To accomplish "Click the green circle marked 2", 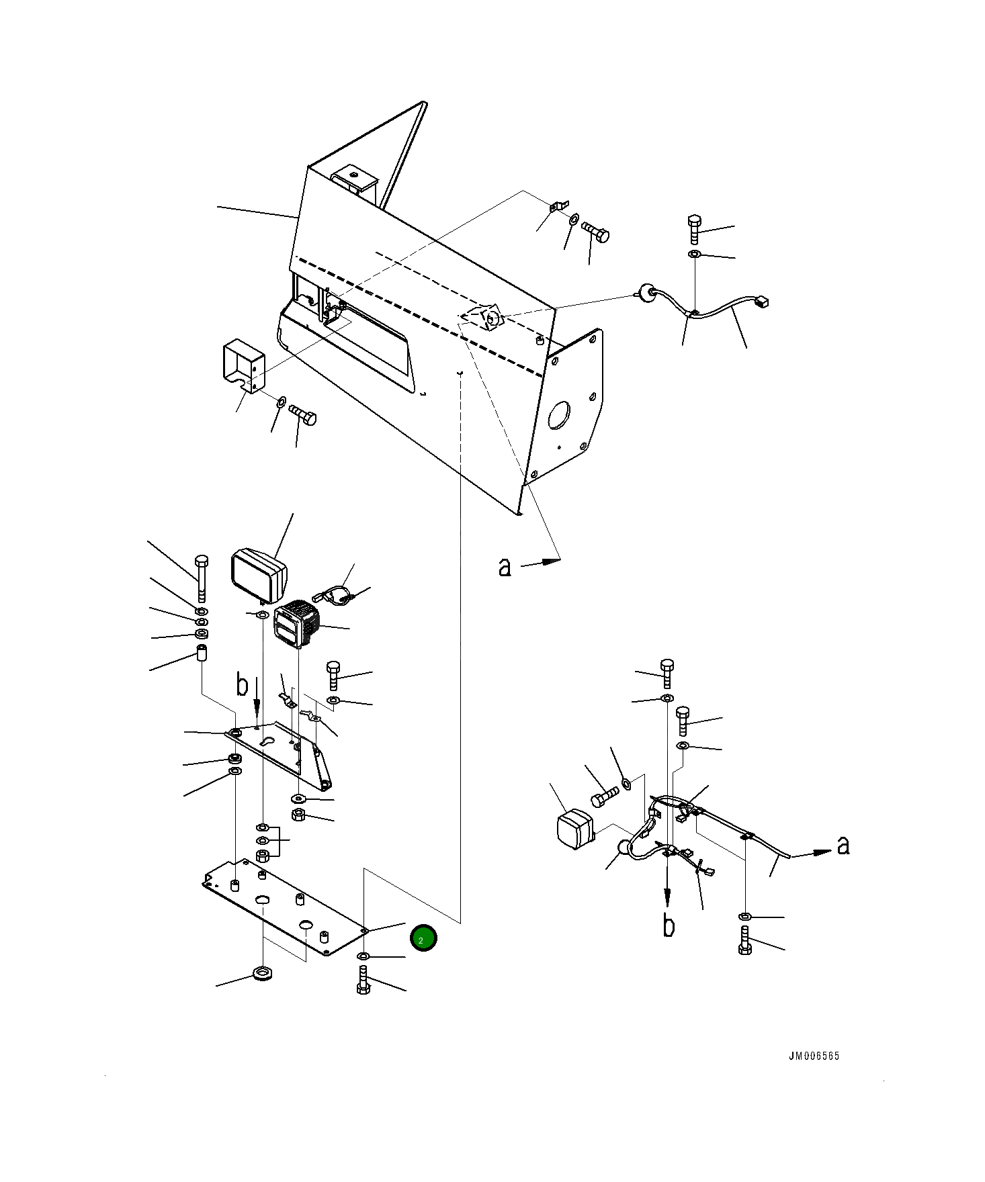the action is click(x=423, y=938).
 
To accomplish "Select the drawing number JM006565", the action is click(x=814, y=1056).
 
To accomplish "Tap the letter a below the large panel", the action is click(x=505, y=567).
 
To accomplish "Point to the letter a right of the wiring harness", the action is click(x=843, y=846).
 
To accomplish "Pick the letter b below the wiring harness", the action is click(x=669, y=925).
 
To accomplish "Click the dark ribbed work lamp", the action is click(x=297, y=624).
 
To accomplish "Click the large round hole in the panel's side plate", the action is click(x=559, y=415).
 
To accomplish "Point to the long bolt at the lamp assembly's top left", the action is click(x=201, y=578).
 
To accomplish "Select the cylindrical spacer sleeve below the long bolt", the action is click(x=201, y=653).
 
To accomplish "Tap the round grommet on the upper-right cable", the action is click(x=646, y=292).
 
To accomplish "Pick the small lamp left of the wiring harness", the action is click(x=575, y=829).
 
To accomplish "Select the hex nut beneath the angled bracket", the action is click(x=300, y=815).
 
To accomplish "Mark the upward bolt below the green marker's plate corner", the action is click(x=363, y=979).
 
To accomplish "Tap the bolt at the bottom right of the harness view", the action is click(x=744, y=940).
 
